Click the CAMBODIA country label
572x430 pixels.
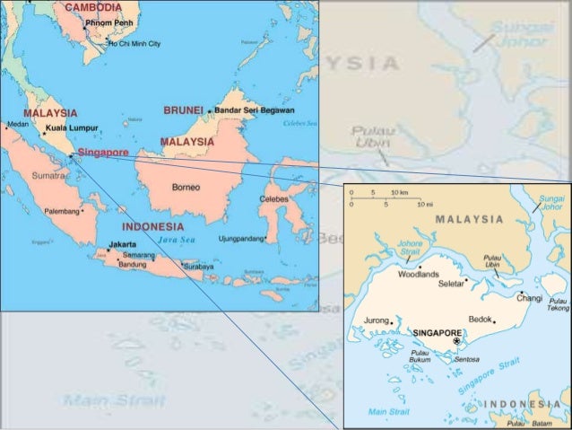click(x=92, y=7)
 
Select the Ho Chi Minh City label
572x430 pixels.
click(x=134, y=43)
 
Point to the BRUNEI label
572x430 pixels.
click(x=183, y=110)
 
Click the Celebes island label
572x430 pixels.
click(x=273, y=199)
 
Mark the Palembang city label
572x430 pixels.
click(x=62, y=212)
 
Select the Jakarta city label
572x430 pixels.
click(x=122, y=244)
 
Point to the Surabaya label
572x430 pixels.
click(x=198, y=267)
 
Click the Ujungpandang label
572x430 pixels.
click(x=241, y=239)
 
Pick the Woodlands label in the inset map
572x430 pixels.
click(x=419, y=274)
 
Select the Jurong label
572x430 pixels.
click(x=376, y=320)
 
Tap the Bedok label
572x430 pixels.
click(x=481, y=319)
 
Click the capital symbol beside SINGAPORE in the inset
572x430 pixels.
click(x=456, y=341)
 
